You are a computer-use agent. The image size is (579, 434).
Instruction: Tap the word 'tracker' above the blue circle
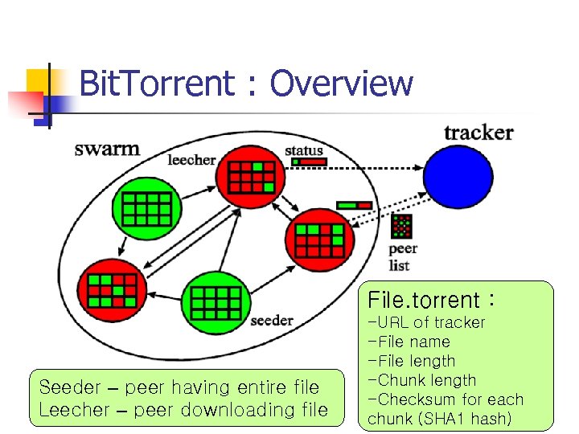coord(478,133)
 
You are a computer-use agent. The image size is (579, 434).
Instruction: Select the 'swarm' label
coord(106,149)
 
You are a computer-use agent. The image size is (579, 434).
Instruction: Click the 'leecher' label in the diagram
coord(191,159)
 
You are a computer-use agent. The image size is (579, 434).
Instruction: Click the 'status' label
coord(304,149)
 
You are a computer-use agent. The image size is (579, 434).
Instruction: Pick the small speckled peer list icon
coord(400,227)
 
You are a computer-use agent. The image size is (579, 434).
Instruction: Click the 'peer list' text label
coord(402,257)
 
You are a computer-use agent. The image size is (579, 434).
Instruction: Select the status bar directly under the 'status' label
coord(309,162)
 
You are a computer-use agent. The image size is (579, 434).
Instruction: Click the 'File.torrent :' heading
coord(431,300)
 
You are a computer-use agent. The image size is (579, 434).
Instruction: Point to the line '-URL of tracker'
coord(426,322)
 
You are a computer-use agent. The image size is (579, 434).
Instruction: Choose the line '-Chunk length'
coord(422,380)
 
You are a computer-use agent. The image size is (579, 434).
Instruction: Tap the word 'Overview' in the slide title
coord(341,84)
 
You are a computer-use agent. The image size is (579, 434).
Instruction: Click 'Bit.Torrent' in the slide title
coord(157,84)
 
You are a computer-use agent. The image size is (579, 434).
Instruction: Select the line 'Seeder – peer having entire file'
coord(179,387)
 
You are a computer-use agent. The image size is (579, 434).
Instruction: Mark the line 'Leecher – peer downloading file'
coord(183,409)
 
